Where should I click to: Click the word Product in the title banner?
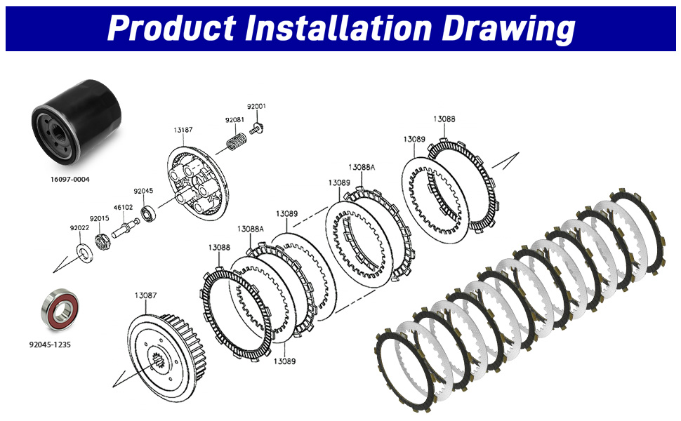[171, 28]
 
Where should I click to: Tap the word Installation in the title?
[338, 28]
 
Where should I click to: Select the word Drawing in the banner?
[508, 29]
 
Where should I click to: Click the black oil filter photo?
[76, 122]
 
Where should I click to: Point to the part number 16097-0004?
[70, 179]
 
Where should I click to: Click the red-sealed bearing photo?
[60, 309]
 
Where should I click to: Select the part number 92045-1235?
[50, 345]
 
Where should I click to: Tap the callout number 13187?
[183, 130]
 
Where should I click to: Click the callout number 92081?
[234, 120]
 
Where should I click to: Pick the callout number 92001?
[256, 107]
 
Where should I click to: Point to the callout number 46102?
[124, 208]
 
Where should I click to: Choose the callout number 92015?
[100, 219]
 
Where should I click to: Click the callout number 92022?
[79, 228]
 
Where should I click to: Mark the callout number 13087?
[145, 295]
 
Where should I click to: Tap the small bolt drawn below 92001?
[257, 128]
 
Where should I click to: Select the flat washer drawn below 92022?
[85, 253]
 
